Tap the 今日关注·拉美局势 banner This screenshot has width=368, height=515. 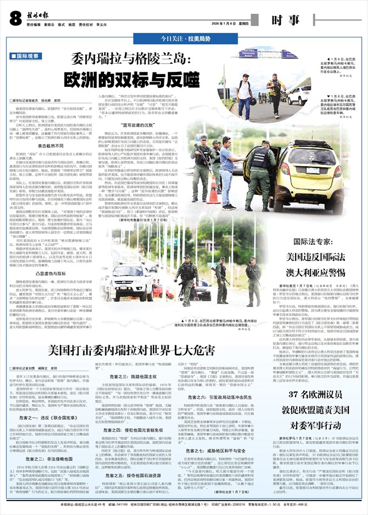[x=183, y=38]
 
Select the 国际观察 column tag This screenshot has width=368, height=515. [x=26, y=56]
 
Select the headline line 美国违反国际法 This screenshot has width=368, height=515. [x=325, y=255]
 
